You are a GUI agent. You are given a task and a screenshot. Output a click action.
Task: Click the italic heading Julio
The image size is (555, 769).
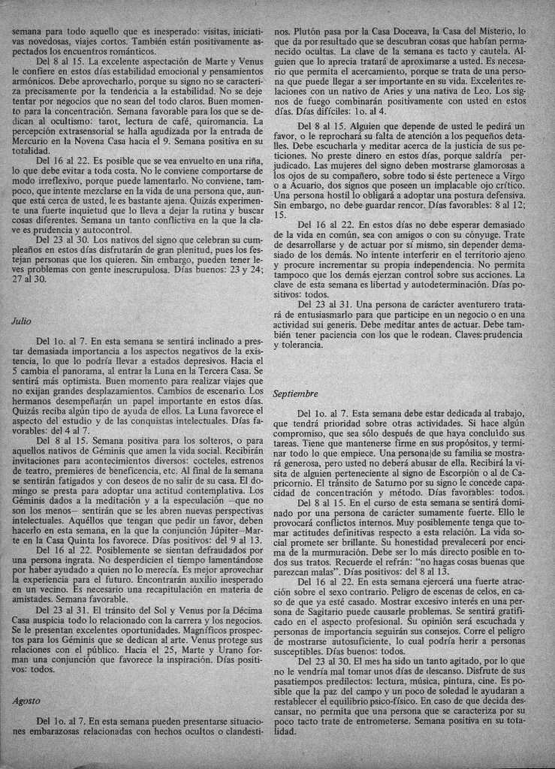click(x=22, y=321)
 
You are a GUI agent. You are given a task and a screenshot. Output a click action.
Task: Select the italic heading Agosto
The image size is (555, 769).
click(x=26, y=701)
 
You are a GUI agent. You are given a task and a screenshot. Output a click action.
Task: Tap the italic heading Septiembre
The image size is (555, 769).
click(x=296, y=394)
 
